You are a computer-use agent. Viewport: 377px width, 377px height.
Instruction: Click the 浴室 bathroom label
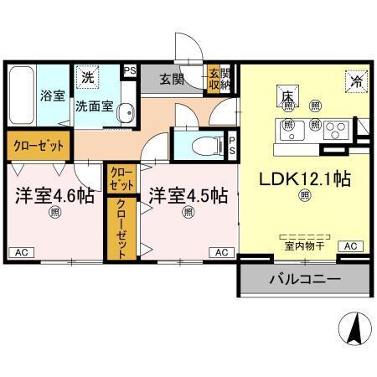(52, 96)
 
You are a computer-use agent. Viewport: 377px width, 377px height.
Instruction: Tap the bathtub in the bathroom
(22, 96)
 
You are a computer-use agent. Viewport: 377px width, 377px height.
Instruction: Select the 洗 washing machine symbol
(87, 77)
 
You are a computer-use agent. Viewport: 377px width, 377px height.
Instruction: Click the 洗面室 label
(94, 106)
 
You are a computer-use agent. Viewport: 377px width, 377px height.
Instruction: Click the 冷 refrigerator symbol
(356, 81)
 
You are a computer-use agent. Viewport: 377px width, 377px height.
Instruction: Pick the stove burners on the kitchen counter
(335, 130)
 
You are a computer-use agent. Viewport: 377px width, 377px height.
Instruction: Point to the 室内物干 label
(303, 246)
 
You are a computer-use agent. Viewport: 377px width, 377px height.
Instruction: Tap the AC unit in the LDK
(350, 246)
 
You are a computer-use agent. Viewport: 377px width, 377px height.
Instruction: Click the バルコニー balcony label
(303, 279)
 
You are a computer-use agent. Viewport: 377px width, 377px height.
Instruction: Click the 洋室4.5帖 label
(188, 195)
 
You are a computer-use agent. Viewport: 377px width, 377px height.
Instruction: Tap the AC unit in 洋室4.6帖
(23, 251)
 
